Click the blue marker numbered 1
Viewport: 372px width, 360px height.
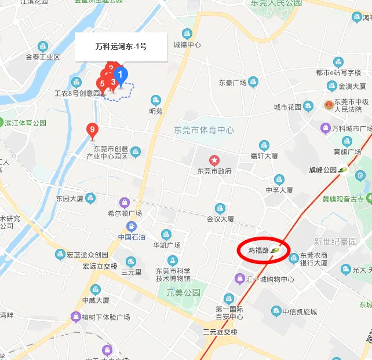[120, 75]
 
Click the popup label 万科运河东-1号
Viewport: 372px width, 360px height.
[121, 46]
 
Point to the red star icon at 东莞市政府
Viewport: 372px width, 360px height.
[214, 160]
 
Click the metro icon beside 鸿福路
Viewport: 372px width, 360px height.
[275, 250]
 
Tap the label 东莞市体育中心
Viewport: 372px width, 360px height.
[204, 130]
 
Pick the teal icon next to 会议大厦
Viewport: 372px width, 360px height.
[220, 208]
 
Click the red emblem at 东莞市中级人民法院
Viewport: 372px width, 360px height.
[329, 106]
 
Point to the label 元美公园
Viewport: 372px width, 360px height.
[183, 292]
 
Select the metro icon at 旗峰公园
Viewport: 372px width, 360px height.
[343, 170]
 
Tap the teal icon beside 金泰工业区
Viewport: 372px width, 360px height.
[43, 46]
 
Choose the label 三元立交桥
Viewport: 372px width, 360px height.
[220, 332]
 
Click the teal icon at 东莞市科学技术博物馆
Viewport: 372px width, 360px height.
[172, 260]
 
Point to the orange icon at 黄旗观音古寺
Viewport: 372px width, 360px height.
[367, 199]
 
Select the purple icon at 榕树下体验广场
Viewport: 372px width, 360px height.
[75, 317]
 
